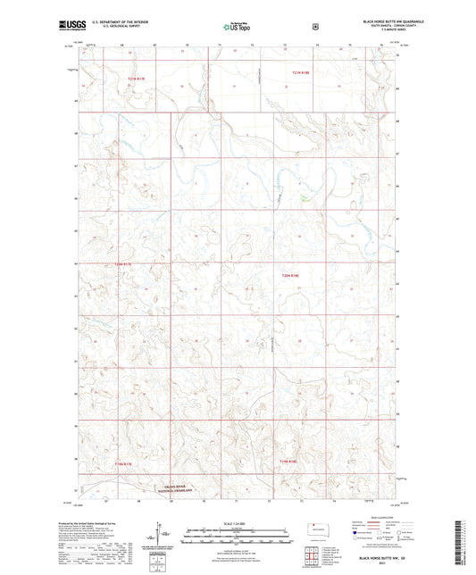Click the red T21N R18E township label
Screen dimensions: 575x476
[305, 71]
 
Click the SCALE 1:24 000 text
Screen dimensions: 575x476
[238, 522]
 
